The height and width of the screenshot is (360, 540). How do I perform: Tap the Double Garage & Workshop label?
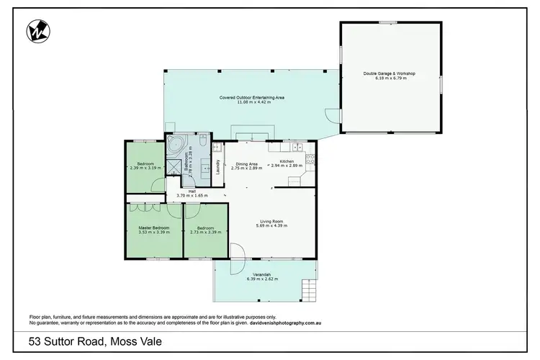tap(390, 73)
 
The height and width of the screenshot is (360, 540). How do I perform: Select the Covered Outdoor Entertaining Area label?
tap(252, 97)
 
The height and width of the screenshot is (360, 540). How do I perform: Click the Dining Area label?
tap(247, 163)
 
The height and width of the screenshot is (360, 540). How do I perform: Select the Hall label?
tap(192, 191)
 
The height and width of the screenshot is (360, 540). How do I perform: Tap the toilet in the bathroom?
tap(203, 144)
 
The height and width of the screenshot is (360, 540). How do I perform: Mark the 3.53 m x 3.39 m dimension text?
tap(154, 232)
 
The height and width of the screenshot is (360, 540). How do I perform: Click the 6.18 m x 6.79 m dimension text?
tap(390, 78)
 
